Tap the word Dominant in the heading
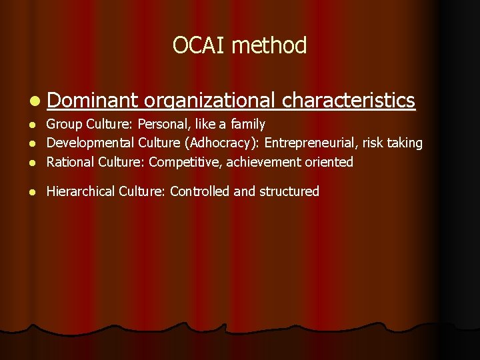click(93, 100)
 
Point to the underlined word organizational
click(209, 101)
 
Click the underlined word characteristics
click(349, 100)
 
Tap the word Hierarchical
click(81, 191)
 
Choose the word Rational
click(71, 162)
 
